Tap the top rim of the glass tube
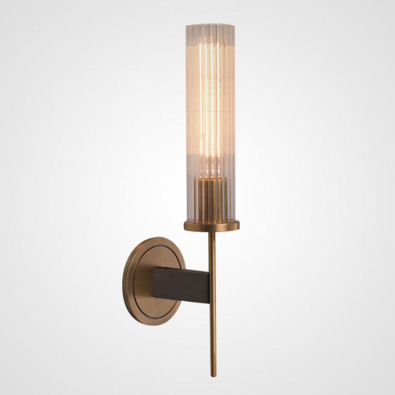click(x=210, y=26)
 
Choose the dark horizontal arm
click(x=182, y=283)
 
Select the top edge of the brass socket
click(x=210, y=180)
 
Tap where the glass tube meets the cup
click(x=210, y=221)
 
